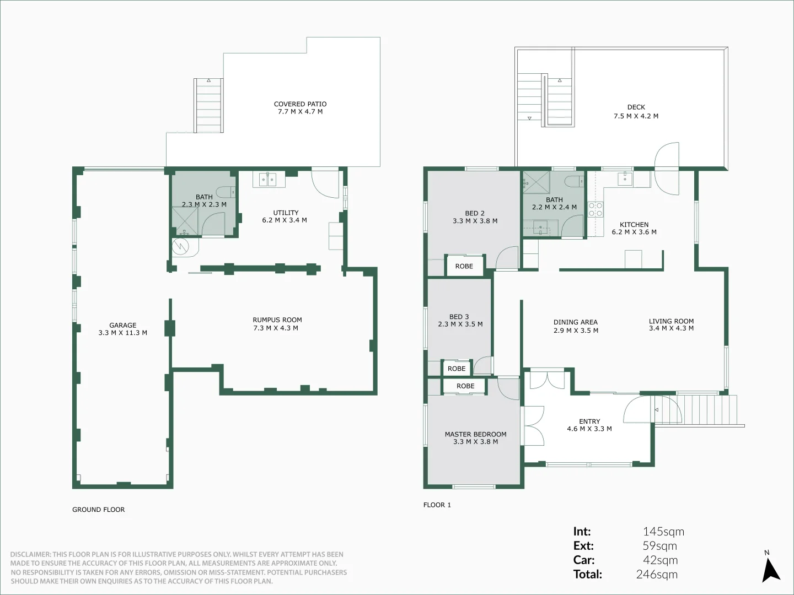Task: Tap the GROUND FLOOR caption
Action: click(98, 510)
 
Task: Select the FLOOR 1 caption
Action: click(437, 505)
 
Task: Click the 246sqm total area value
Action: click(657, 574)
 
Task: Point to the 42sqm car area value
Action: click(660, 560)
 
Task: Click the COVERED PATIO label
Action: click(300, 104)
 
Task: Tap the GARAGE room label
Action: click(122, 325)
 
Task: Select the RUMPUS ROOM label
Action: click(277, 320)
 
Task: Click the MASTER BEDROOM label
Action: click(475, 434)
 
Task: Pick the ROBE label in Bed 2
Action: click(464, 266)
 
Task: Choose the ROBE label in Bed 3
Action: click(456, 369)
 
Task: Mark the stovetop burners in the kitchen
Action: click(595, 209)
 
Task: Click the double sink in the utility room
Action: click(267, 179)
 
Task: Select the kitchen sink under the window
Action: click(625, 178)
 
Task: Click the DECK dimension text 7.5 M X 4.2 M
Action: click(636, 116)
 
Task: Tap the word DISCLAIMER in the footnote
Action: click(30, 554)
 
